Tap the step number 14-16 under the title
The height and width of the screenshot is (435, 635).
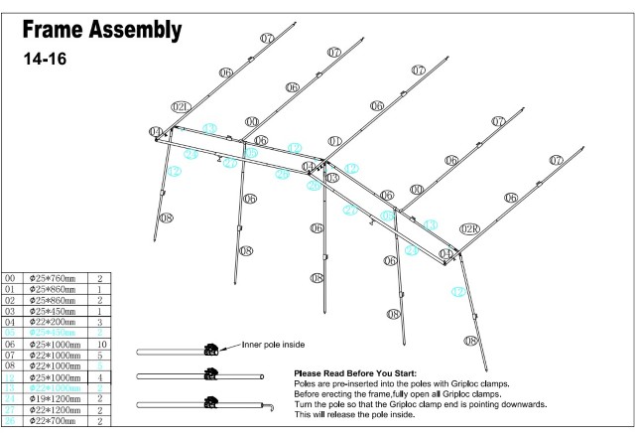tap(45, 59)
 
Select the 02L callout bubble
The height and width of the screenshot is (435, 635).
tap(180, 105)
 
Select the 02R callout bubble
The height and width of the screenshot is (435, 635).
tap(471, 228)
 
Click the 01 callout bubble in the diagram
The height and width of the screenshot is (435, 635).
tap(334, 141)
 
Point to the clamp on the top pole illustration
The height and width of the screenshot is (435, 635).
tap(210, 350)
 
